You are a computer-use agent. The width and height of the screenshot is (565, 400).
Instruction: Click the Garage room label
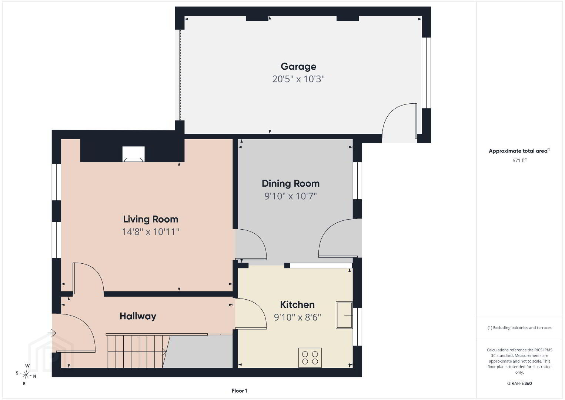click(298, 67)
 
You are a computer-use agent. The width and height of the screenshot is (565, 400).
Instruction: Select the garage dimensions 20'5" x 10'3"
click(298, 79)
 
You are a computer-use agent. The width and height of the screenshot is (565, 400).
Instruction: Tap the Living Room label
click(151, 219)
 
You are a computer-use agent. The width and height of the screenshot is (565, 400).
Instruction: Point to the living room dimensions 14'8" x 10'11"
click(151, 232)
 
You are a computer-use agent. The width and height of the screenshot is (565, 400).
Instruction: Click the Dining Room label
click(291, 183)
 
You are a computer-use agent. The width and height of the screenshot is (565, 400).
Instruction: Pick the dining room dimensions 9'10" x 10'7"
click(291, 196)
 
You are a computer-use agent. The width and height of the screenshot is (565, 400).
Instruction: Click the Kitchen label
click(297, 304)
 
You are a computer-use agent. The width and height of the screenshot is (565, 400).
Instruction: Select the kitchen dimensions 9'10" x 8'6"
click(297, 317)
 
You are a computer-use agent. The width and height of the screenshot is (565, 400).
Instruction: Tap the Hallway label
click(138, 316)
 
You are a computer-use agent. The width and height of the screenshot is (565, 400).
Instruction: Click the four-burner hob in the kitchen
click(310, 358)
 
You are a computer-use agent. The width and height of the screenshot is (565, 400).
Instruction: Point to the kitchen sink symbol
click(344, 315)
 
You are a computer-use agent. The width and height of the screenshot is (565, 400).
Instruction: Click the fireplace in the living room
click(133, 154)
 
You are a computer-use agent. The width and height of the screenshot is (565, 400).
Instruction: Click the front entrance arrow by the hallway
click(52, 333)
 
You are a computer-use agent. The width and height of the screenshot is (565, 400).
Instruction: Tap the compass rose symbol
click(26, 375)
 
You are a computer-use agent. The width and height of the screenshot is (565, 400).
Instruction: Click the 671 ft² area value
click(519, 160)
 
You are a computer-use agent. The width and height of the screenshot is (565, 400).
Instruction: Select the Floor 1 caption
click(240, 391)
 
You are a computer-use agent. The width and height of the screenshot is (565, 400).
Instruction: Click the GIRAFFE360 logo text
click(519, 383)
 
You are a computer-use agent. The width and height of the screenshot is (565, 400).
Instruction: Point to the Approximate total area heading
click(519, 151)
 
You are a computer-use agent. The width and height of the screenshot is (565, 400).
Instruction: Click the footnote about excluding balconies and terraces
click(519, 327)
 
